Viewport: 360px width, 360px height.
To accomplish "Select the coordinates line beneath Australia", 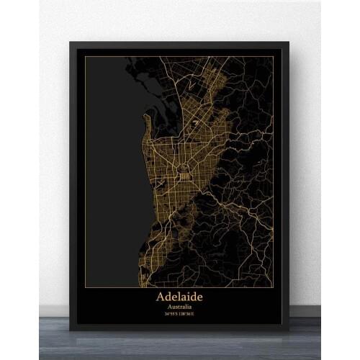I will [x=179, y=313].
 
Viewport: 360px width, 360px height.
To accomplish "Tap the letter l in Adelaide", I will [x=180, y=295].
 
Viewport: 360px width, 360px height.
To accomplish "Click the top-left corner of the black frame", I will [x=70, y=42].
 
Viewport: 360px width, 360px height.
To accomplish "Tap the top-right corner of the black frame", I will [x=289, y=42].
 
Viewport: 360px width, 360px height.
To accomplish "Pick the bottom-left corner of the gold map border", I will [x=84, y=287].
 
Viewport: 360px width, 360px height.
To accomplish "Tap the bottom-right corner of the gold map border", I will [x=274, y=287].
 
